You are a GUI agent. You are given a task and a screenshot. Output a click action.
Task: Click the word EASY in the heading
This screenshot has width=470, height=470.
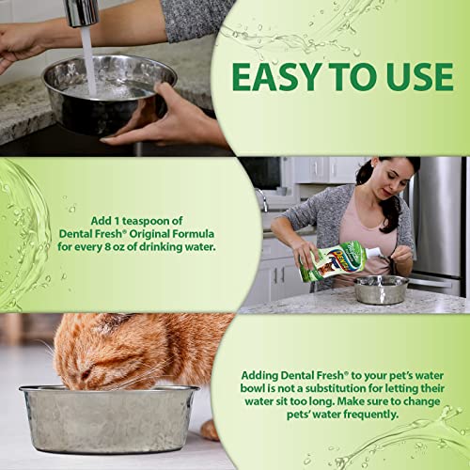(x=274, y=77)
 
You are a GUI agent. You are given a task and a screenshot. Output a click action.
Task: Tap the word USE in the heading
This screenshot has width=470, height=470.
(x=410, y=77)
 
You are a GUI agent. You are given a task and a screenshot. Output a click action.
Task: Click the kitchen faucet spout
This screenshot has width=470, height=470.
(x=83, y=12)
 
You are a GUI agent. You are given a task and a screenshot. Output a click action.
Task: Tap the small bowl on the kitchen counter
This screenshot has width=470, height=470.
(x=381, y=289)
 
